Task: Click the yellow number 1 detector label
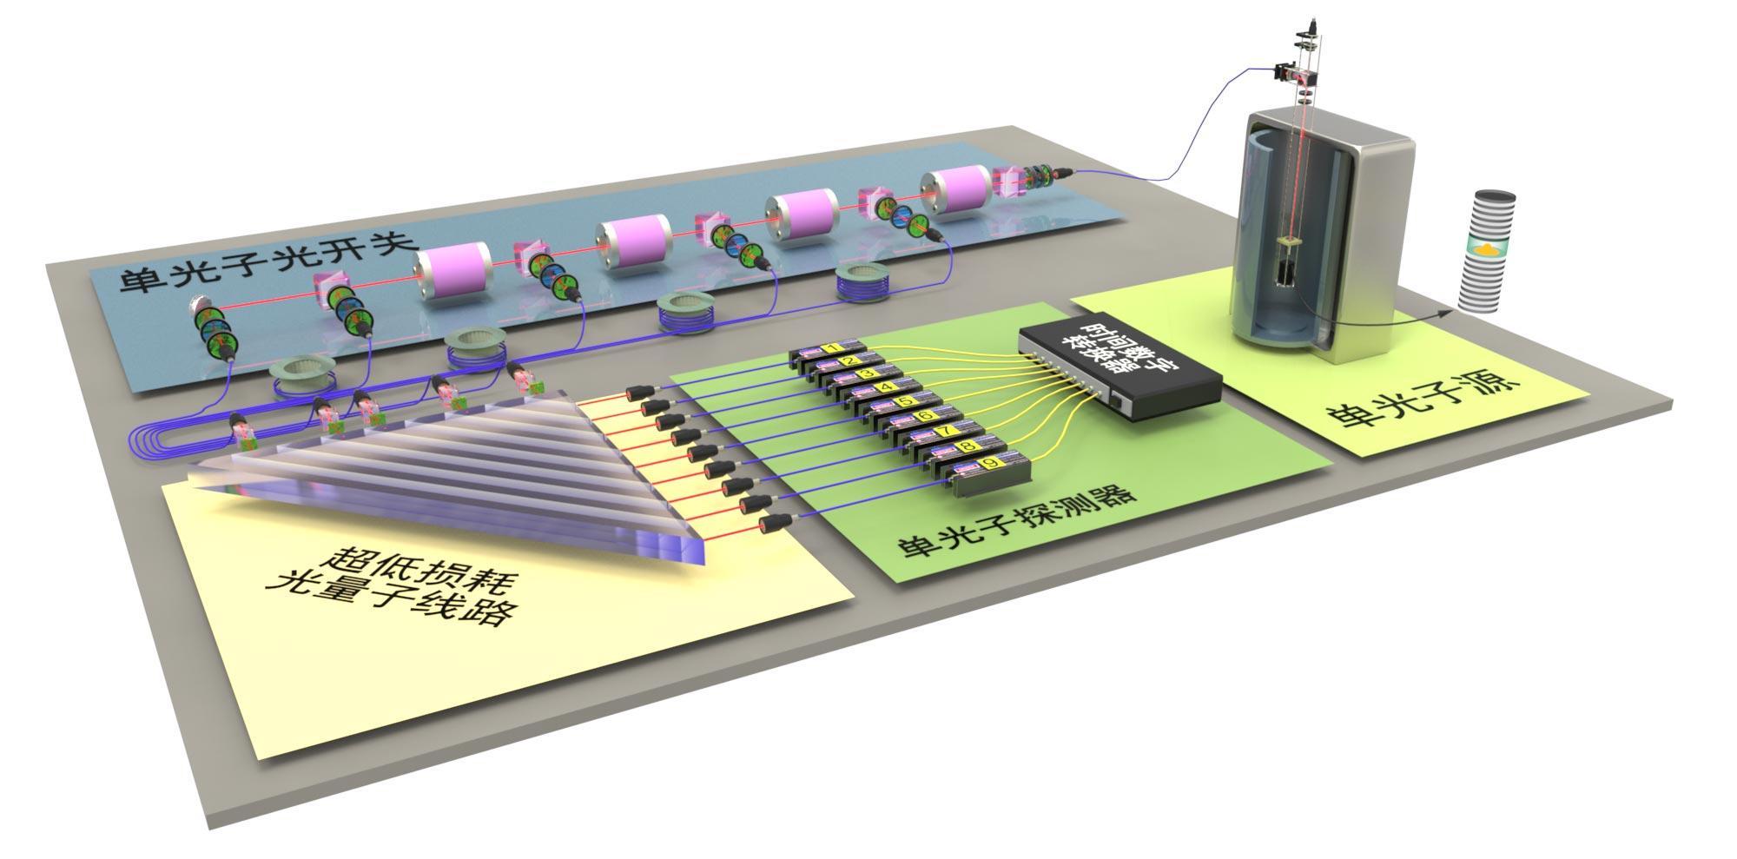831,348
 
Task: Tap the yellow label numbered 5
902,401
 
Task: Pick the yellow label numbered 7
941,432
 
